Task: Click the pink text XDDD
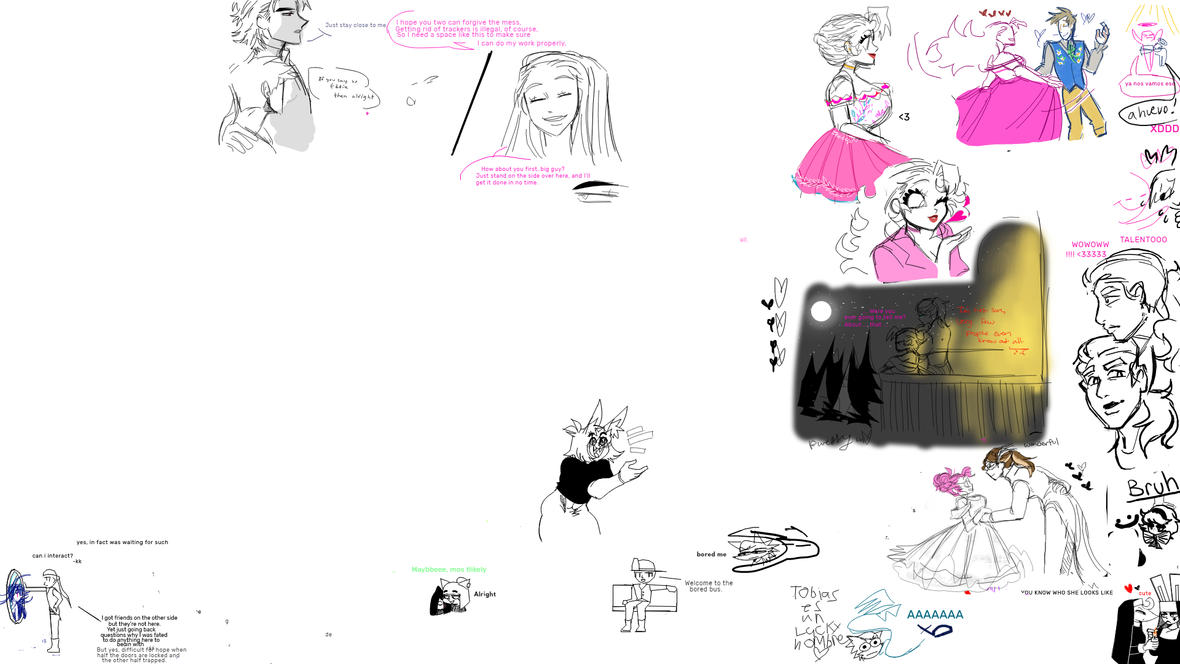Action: coord(1164,129)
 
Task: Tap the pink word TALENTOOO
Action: coord(1143,240)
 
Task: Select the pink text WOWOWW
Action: coord(1090,245)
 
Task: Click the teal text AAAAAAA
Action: coord(935,615)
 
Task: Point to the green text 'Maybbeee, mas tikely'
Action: coord(449,570)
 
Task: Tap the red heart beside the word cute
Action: coord(1128,589)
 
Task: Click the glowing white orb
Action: coord(821,311)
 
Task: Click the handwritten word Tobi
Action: coord(805,593)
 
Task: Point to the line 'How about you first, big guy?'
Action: coord(522,169)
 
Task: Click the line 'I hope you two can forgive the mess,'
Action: coord(458,23)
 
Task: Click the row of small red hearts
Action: coord(996,13)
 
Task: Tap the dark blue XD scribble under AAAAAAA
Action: coord(934,630)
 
